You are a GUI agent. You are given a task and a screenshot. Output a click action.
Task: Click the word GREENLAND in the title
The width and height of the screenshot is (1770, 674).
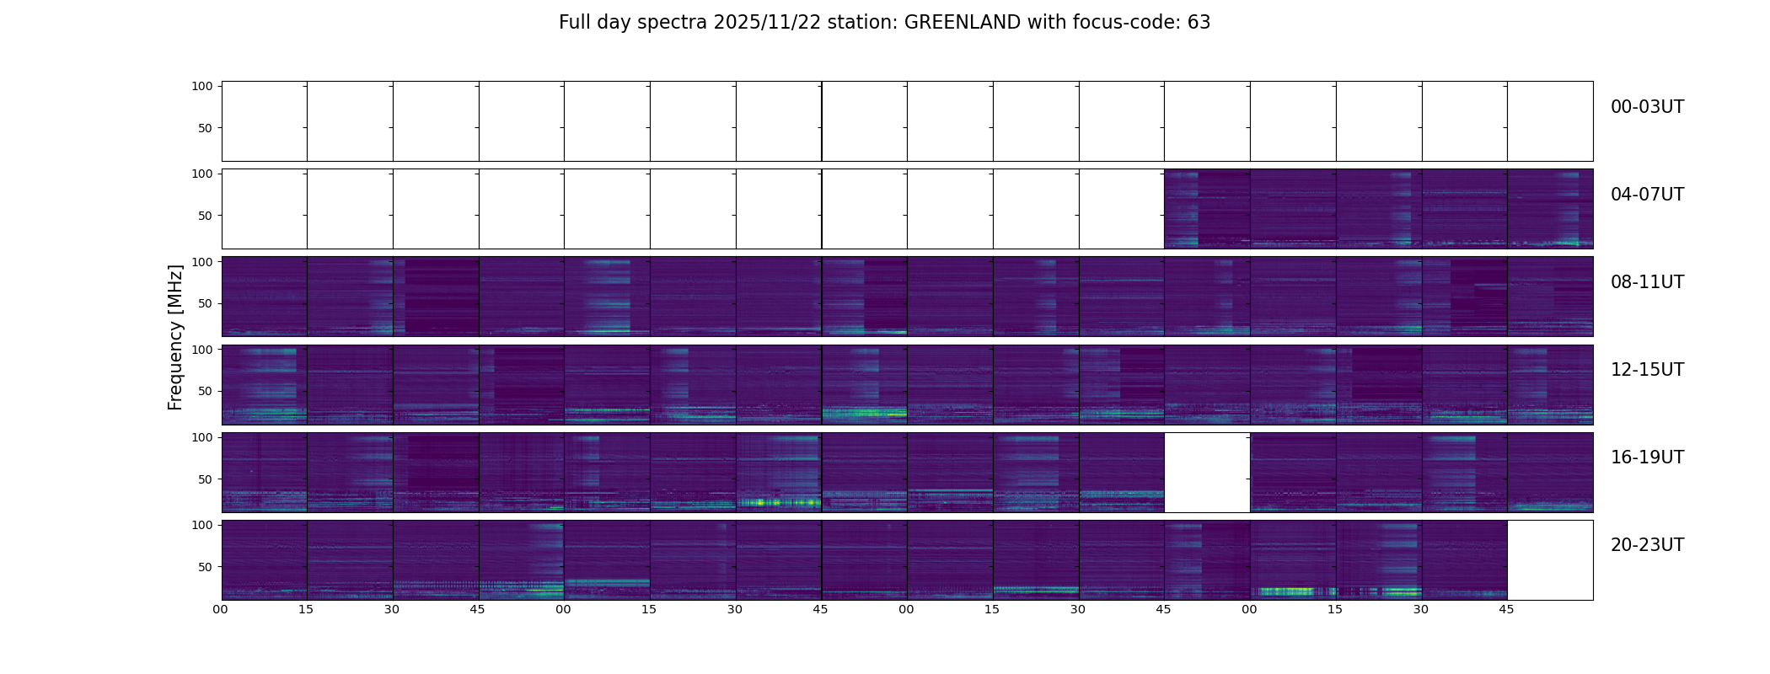[962, 23]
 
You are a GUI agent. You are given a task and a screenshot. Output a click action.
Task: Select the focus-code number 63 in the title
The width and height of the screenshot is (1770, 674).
[1199, 23]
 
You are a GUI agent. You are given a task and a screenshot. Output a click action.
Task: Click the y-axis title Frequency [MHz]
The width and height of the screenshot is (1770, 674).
[175, 338]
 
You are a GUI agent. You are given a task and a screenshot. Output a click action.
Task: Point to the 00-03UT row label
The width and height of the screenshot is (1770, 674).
[1647, 107]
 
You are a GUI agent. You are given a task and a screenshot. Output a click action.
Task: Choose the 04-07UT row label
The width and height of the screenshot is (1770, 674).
[1647, 195]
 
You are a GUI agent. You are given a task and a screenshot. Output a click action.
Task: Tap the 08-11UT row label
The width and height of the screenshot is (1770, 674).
[1647, 282]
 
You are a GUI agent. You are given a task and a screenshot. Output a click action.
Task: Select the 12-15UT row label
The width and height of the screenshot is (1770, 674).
[1647, 370]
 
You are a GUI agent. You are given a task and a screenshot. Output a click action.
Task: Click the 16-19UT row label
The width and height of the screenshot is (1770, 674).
[1647, 457]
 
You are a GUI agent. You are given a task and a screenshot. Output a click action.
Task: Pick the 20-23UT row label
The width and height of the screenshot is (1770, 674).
[1647, 545]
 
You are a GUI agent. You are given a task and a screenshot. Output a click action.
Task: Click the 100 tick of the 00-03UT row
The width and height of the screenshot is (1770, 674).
[201, 86]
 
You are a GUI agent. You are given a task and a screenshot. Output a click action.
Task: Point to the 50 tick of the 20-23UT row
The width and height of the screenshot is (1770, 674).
[205, 567]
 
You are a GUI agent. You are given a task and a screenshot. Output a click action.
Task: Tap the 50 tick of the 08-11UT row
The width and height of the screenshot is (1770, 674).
[205, 303]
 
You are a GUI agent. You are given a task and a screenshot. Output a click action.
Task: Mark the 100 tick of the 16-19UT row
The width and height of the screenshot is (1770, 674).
[201, 437]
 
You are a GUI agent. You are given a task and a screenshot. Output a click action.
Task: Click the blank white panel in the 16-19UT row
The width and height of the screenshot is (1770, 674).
[1207, 472]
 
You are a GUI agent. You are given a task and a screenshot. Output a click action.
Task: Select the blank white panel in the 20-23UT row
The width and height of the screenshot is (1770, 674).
[1549, 559]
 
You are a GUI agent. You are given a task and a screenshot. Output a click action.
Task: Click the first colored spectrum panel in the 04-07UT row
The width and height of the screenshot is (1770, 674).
[1207, 208]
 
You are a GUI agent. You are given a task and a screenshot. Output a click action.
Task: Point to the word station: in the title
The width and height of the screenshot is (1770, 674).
[869, 23]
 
